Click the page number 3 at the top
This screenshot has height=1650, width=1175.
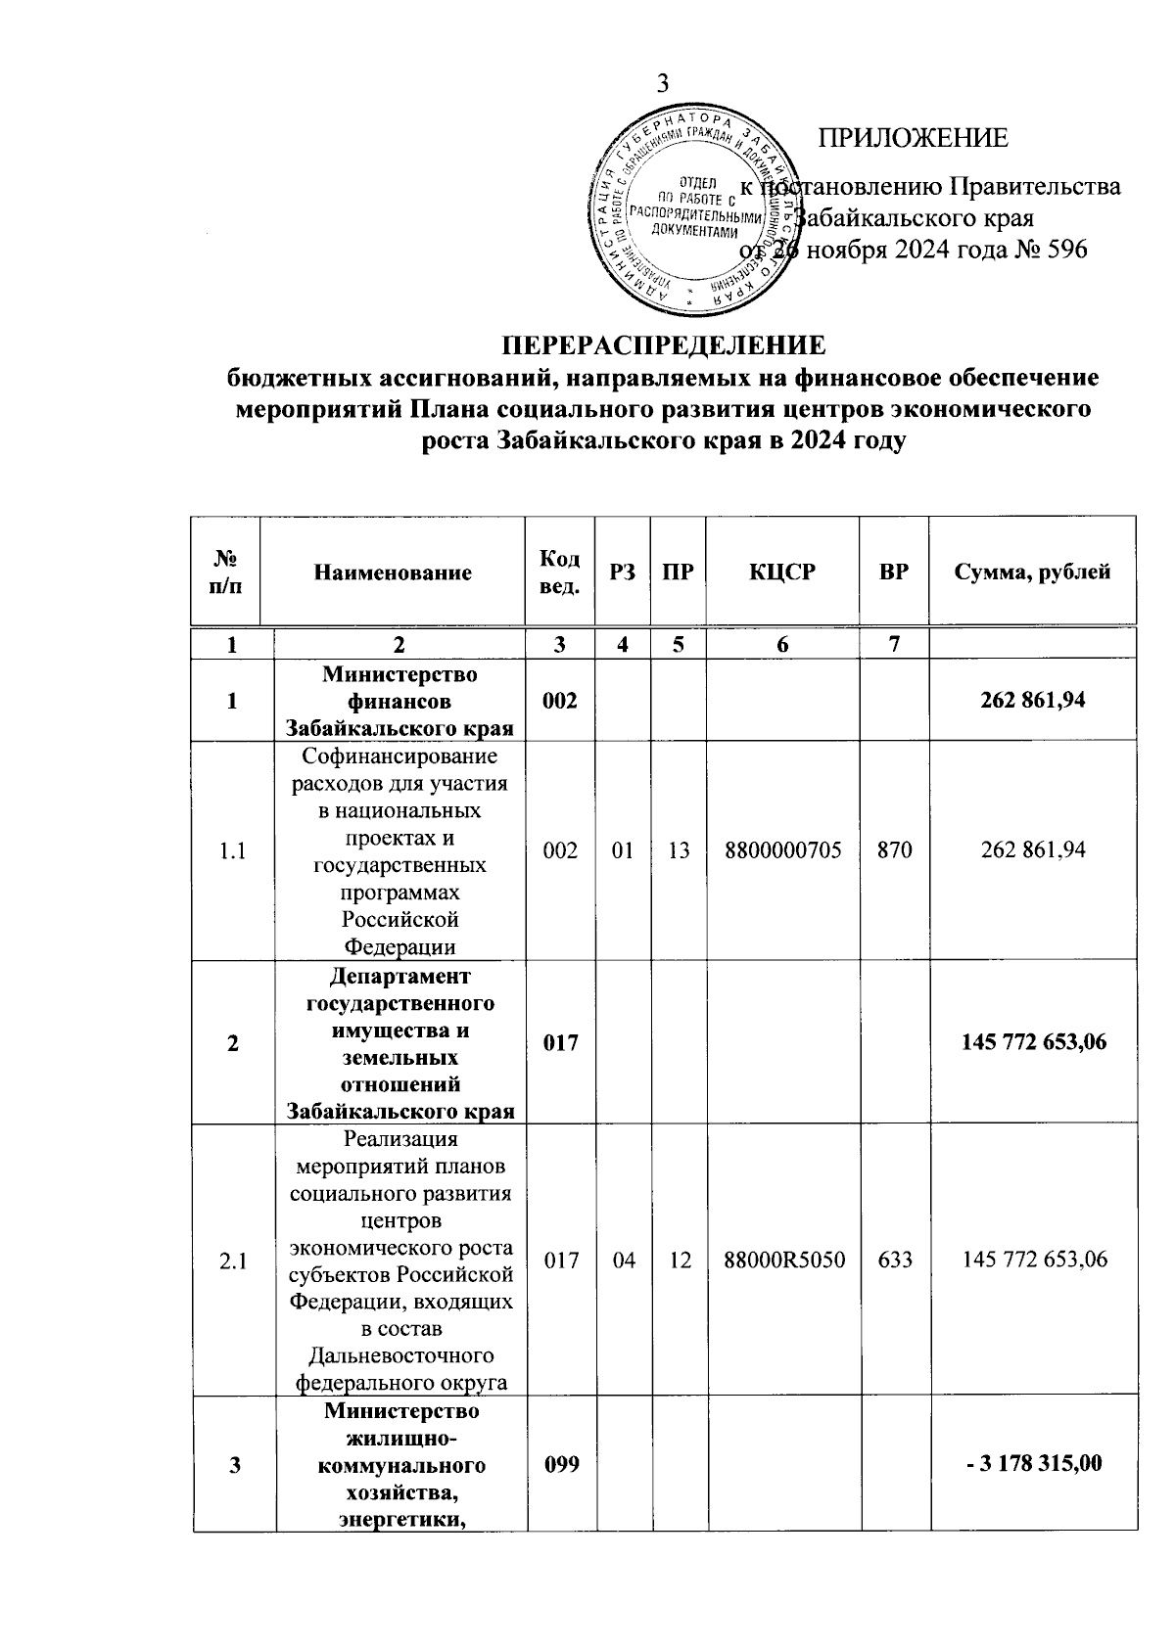coord(662,84)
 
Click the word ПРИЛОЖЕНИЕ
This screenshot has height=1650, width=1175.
coord(913,138)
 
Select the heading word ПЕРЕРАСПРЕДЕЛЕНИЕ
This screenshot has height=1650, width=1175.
coord(664,345)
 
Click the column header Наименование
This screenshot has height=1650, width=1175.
coord(393,573)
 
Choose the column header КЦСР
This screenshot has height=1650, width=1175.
coord(782,573)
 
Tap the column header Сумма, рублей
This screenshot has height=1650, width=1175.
coord(1032,573)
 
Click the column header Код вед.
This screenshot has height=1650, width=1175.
coord(560,573)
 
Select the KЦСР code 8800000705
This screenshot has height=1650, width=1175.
coord(782,850)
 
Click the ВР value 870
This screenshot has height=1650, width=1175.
coord(894,850)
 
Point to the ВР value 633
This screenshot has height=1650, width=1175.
coord(895,1260)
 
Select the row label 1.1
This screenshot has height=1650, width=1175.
coord(232,850)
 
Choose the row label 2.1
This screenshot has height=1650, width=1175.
coord(233,1260)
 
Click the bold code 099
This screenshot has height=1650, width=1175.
coord(560,1464)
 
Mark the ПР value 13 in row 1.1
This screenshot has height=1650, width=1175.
coord(679,850)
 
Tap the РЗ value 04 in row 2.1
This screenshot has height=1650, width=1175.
coord(623,1260)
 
